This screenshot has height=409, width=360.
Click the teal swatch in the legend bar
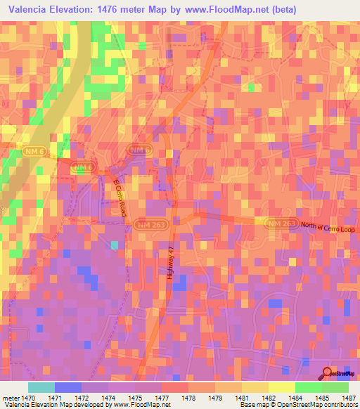click(41, 387)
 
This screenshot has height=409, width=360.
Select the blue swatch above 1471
click(68, 387)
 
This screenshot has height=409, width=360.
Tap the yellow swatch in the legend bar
click(282, 387)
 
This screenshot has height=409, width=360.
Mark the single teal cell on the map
click(115, 245)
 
